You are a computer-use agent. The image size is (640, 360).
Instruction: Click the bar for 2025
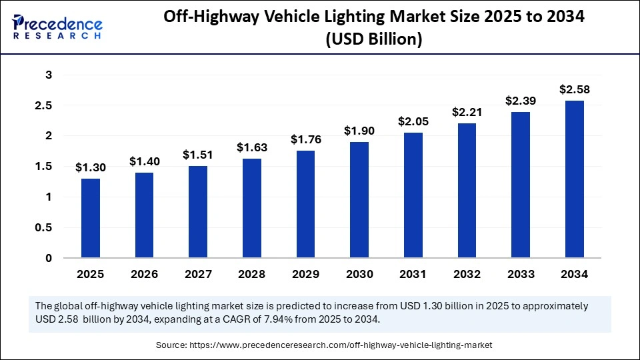[x=91, y=218]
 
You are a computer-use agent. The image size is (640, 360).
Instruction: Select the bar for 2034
[x=575, y=179]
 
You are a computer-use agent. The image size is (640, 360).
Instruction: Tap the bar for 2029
[x=306, y=204]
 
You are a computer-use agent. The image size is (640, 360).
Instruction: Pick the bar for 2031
[x=413, y=195]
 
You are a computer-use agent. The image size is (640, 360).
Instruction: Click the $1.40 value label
[x=145, y=161]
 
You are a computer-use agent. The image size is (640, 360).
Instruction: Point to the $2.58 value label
[x=575, y=89]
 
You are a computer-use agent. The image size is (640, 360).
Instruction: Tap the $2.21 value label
[x=467, y=112]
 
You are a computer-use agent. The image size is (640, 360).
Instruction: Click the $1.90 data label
[x=360, y=131]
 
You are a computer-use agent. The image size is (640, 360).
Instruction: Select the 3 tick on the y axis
[x=48, y=75]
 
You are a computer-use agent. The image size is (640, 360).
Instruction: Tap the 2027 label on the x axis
[x=198, y=274]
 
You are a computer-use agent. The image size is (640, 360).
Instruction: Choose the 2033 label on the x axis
[x=521, y=274]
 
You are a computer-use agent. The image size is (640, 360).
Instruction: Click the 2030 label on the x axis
[x=359, y=274]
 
